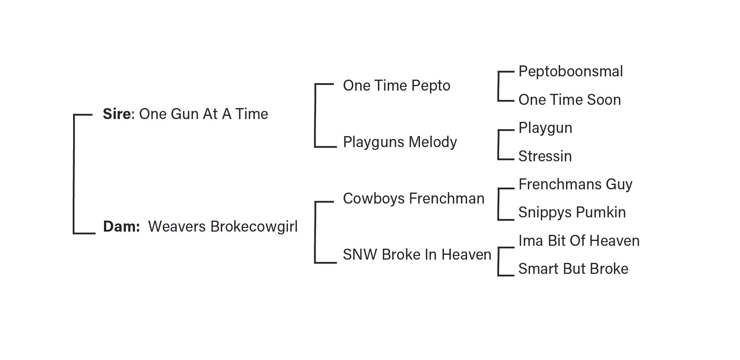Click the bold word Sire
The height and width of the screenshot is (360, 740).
117,114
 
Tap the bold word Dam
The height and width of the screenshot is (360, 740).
121,227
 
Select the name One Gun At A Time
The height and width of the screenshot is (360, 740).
203,114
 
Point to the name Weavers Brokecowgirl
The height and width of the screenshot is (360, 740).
223,227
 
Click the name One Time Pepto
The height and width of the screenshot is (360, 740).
396,86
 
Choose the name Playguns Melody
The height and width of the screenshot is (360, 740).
400,142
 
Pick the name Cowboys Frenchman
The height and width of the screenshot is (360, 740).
413,199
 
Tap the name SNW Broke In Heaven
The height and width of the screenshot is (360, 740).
417,255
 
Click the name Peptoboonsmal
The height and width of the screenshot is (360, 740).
570,72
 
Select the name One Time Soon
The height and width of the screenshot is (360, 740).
569,100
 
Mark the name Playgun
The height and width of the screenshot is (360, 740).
545,128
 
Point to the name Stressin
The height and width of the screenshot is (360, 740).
545,156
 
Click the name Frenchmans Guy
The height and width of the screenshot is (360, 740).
575,184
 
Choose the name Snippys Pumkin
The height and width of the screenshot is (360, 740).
572,213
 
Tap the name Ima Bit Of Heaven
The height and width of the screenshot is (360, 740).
579,241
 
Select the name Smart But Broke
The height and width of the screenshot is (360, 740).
573,269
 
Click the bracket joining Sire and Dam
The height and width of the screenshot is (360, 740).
74,174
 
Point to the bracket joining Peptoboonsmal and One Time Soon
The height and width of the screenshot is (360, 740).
498,86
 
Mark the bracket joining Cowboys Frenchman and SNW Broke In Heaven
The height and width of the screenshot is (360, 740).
315,232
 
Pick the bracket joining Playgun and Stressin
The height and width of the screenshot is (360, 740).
498,145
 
